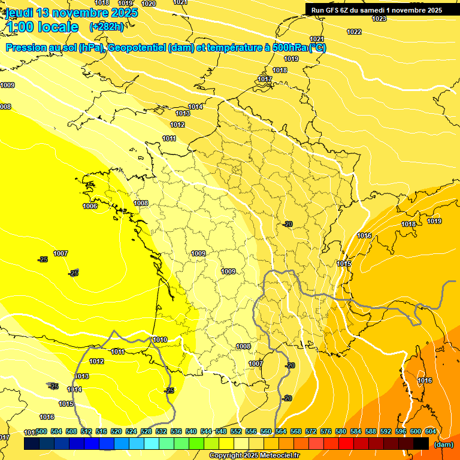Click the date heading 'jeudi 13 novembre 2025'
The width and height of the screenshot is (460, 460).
[x=72, y=13]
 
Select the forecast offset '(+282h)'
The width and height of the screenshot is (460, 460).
[x=106, y=27]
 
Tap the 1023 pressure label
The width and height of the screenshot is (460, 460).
[x=379, y=19]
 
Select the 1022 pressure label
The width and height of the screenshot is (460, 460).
[x=354, y=32]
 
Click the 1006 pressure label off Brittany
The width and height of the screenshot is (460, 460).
[x=90, y=206]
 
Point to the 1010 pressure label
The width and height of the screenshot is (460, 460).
[x=160, y=340]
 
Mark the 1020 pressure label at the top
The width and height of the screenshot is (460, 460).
[x=149, y=4]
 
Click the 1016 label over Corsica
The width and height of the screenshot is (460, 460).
[x=425, y=380]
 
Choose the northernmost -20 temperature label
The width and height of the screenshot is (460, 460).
[x=288, y=224]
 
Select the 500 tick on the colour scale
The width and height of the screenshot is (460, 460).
[x=41, y=431]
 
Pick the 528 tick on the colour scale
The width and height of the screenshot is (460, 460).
[x=146, y=431]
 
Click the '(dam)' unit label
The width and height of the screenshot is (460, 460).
[x=444, y=445]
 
